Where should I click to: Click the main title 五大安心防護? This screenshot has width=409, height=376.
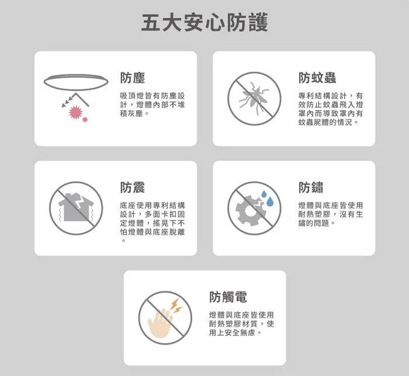click(x=204, y=24)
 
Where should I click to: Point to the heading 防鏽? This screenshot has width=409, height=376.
click(x=310, y=187)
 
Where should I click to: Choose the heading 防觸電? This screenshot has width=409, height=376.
click(x=228, y=297)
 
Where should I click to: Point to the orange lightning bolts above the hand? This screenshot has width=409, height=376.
click(x=175, y=307)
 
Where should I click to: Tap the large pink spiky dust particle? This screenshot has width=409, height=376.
click(x=74, y=112)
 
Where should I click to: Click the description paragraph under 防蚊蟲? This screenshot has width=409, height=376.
click(x=330, y=109)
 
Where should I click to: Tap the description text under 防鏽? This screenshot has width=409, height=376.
click(x=330, y=214)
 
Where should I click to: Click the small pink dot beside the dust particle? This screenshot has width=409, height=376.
click(x=85, y=120)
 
